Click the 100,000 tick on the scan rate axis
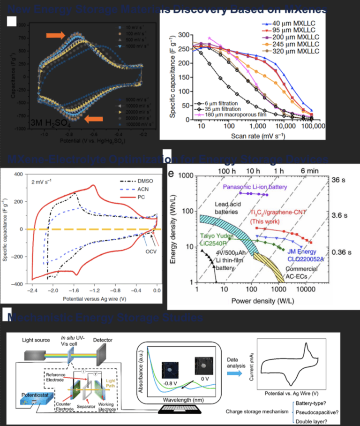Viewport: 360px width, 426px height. [x=311, y=127]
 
